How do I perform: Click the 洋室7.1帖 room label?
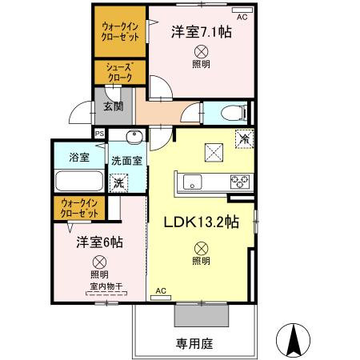click(201, 33)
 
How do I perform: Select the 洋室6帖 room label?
click(94, 242)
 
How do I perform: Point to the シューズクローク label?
click(119, 72)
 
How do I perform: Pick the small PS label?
click(99, 134)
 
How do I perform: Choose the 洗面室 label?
click(126, 159)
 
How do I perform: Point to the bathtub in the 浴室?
click(78, 182)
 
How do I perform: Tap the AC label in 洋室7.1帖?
click(242, 16)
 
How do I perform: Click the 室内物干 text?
click(102, 286)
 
